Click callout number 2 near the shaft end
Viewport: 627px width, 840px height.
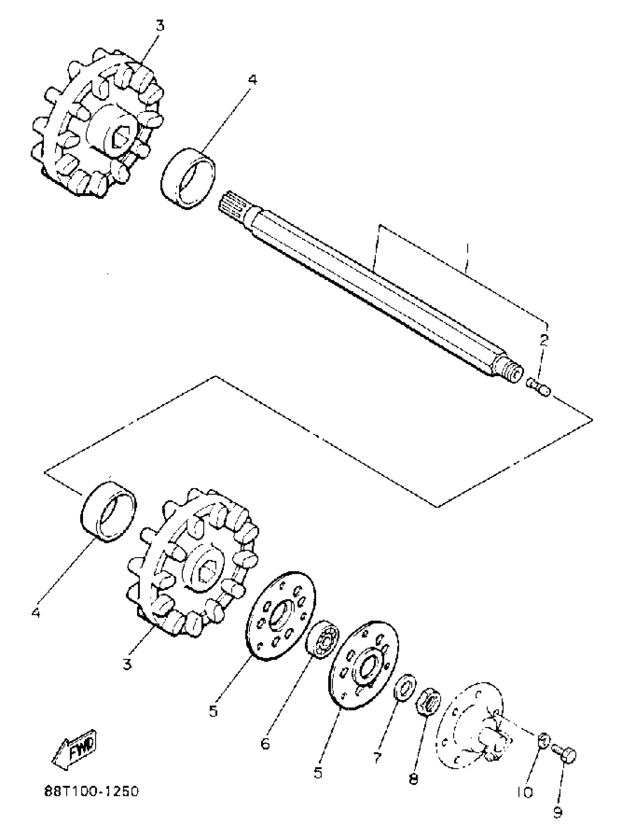544,341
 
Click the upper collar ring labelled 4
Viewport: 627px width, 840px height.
188,178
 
